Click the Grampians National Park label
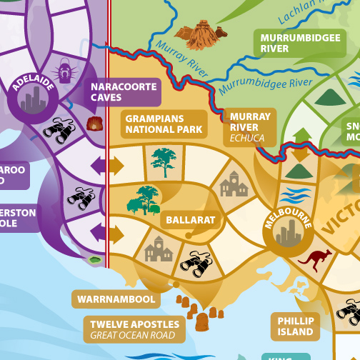coord(164,124)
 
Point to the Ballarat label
coord(190,220)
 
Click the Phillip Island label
coord(295,326)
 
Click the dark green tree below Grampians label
coord(164,161)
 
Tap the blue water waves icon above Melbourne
coord(291,194)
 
